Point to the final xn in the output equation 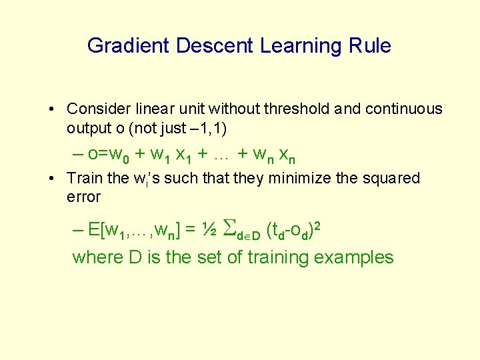click(x=287, y=155)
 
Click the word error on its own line click(x=83, y=197)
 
